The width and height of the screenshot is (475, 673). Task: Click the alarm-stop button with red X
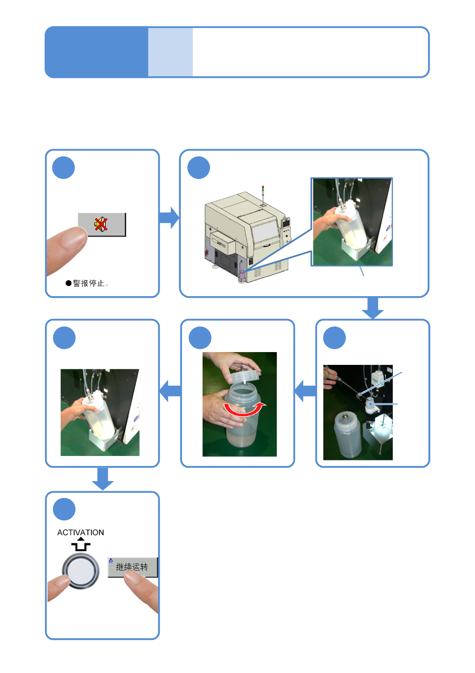click(102, 225)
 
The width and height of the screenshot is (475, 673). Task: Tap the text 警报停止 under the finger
click(89, 283)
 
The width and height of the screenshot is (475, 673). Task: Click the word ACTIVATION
click(81, 532)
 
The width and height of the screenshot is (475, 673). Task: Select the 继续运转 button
click(133, 567)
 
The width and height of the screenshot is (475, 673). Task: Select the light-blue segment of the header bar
click(170, 52)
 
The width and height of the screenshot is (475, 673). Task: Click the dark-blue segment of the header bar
click(97, 52)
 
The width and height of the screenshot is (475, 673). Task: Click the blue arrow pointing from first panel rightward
click(169, 217)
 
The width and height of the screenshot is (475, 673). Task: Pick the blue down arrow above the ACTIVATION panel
click(103, 479)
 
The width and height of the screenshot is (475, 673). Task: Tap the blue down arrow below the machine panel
click(373, 308)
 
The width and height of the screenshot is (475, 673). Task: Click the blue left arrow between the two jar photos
click(305, 391)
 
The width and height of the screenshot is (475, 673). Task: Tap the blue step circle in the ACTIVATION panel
click(64, 509)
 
